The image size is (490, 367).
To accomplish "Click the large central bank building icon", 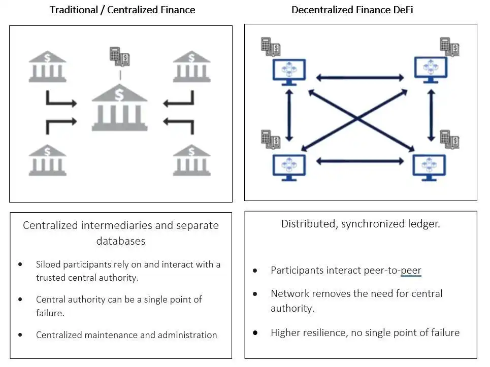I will point(119,108).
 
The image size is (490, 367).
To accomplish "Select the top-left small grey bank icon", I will point(47,66).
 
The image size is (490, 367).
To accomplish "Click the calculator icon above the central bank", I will point(119,56).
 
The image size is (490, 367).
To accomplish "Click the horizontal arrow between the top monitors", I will point(360,78).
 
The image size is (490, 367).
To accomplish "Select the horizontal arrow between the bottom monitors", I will point(360,161).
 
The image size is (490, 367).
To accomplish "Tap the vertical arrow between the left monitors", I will point(289,116).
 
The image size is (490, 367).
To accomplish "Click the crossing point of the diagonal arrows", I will point(357,119).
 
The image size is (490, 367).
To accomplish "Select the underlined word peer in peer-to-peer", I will point(411,270).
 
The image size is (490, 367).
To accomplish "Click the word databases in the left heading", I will point(121,241).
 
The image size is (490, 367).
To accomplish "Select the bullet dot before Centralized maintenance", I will point(20,335).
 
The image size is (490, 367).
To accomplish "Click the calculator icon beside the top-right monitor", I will point(449,47).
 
